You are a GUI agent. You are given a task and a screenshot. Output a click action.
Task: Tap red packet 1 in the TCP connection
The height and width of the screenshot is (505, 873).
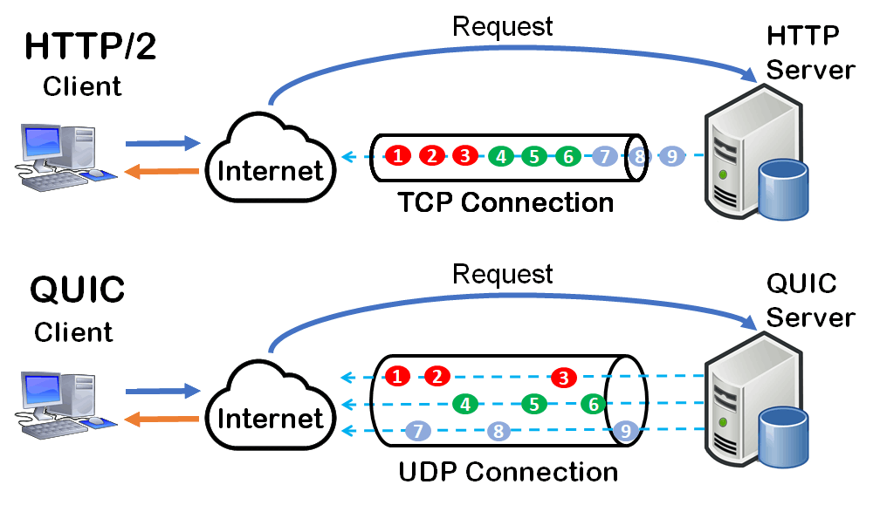[398, 156]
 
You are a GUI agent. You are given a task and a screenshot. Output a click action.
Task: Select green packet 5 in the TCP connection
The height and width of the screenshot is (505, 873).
[533, 157]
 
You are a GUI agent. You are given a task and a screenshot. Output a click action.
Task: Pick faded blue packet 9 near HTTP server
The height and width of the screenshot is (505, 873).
[671, 157]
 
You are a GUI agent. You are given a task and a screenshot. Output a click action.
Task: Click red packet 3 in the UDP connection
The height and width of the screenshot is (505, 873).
[564, 378]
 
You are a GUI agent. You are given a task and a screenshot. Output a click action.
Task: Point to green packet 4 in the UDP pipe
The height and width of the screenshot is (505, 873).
[466, 404]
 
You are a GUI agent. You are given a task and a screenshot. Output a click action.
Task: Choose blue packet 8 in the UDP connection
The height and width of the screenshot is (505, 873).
[498, 430]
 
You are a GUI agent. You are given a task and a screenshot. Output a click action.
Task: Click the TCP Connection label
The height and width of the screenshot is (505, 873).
[505, 202]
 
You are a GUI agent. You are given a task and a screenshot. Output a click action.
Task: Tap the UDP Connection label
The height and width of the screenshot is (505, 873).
[508, 472]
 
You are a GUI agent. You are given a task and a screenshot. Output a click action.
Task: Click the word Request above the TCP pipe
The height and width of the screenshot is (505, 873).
[502, 26]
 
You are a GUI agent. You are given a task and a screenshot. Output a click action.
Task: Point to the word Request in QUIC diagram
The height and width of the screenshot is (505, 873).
[502, 274]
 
